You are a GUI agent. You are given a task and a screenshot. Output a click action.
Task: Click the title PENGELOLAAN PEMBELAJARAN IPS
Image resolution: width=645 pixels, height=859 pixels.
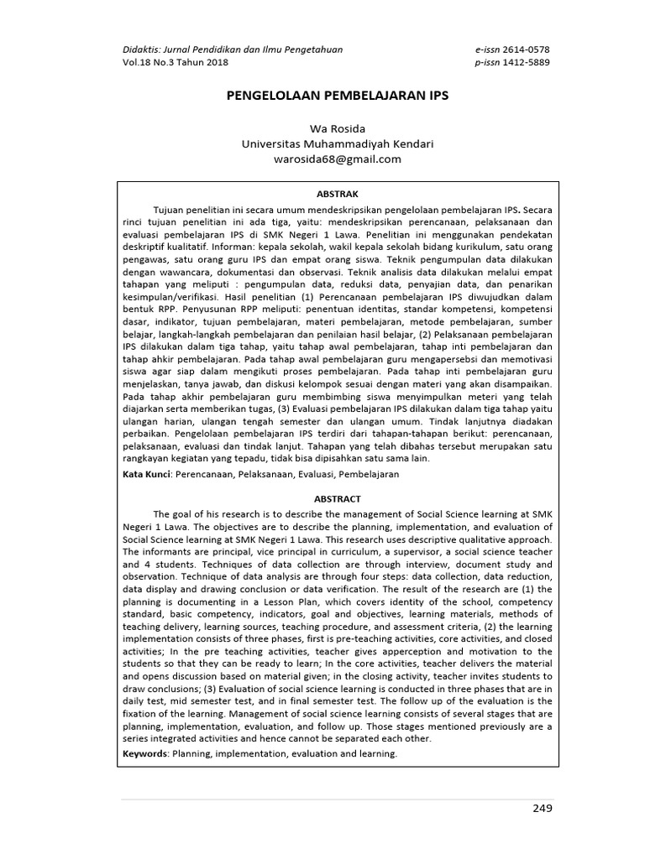(338, 96)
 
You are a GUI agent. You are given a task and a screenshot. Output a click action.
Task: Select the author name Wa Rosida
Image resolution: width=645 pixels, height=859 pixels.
(337, 128)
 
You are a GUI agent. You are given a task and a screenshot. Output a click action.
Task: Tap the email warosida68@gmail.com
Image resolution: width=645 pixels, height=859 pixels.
(337, 159)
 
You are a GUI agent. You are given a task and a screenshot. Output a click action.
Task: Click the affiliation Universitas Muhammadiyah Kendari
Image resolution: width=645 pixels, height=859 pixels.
(337, 143)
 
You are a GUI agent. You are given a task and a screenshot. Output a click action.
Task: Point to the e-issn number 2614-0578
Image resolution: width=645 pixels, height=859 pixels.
(526, 49)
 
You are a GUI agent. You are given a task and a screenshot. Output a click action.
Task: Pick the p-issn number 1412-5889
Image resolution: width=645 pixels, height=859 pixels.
(527, 63)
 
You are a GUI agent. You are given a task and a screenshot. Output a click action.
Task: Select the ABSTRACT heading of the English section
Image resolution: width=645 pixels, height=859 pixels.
(337, 498)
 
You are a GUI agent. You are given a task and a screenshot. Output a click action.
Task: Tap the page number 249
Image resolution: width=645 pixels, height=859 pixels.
(543, 808)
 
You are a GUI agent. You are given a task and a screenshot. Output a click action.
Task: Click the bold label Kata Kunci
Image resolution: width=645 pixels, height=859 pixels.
(147, 474)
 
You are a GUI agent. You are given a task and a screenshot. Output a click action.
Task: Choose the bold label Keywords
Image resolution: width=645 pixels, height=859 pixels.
(144, 753)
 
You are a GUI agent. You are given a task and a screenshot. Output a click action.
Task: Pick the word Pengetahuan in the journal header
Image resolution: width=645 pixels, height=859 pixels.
(311, 49)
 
